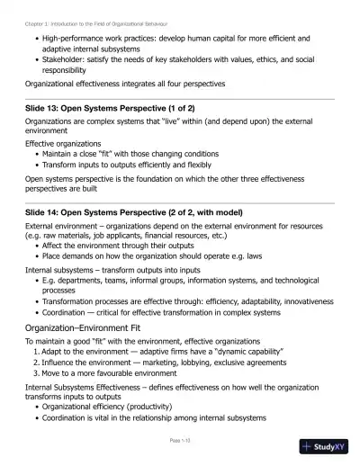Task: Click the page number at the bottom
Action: point(180,441)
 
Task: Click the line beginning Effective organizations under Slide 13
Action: point(69,143)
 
